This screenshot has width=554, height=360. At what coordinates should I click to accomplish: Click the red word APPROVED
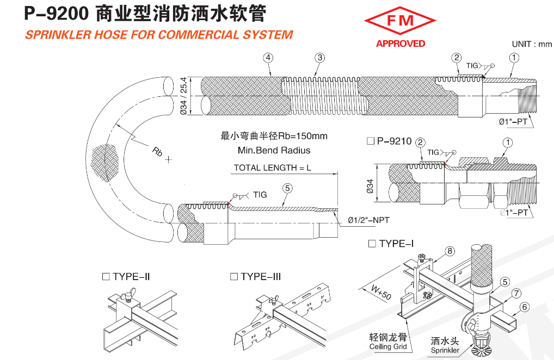click(x=401, y=44)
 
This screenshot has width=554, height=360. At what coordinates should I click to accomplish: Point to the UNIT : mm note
click(x=532, y=44)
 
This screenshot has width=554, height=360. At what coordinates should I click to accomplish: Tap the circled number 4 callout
click(x=268, y=58)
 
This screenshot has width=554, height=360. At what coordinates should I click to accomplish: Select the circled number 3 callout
click(x=320, y=58)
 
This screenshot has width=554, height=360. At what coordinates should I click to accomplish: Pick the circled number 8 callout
click(x=450, y=251)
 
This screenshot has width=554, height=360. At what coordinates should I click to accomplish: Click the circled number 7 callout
click(x=516, y=294)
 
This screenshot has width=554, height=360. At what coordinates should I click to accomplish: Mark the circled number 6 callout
click(x=525, y=307)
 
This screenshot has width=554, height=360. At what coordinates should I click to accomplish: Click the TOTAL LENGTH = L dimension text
click(x=272, y=168)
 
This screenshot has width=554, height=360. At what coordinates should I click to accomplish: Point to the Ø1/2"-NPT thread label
click(x=368, y=220)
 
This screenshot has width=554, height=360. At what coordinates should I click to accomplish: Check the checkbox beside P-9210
click(x=371, y=141)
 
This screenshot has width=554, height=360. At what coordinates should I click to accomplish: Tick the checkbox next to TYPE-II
click(x=106, y=277)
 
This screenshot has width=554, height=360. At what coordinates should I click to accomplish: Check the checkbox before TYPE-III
click(x=234, y=277)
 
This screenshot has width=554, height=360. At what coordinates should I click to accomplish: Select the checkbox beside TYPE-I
click(x=372, y=244)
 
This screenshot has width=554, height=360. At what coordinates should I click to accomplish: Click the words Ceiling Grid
click(x=388, y=346)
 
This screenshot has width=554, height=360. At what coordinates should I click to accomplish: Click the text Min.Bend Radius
click(x=274, y=150)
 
